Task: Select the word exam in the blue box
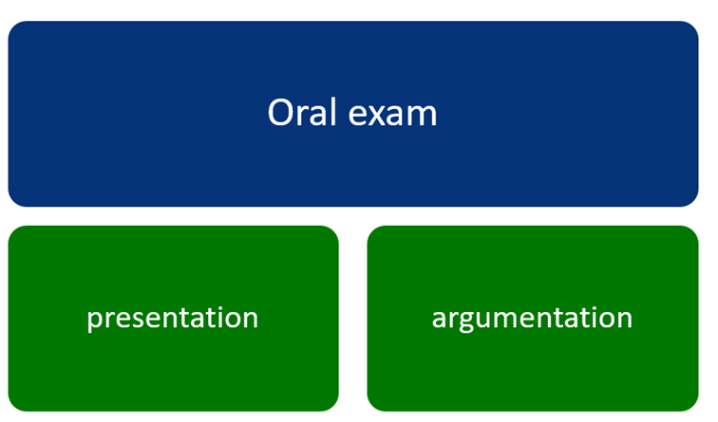[393, 115]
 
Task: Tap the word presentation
[173, 319]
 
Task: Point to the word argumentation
[532, 319]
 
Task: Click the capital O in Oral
[280, 112]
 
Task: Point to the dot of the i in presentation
[212, 307]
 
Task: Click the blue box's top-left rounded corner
[13, 27]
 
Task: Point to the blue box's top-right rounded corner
[692, 27]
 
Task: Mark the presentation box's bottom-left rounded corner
[13, 406]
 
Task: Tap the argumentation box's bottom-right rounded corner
[692, 406]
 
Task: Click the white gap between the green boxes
[353, 319]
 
